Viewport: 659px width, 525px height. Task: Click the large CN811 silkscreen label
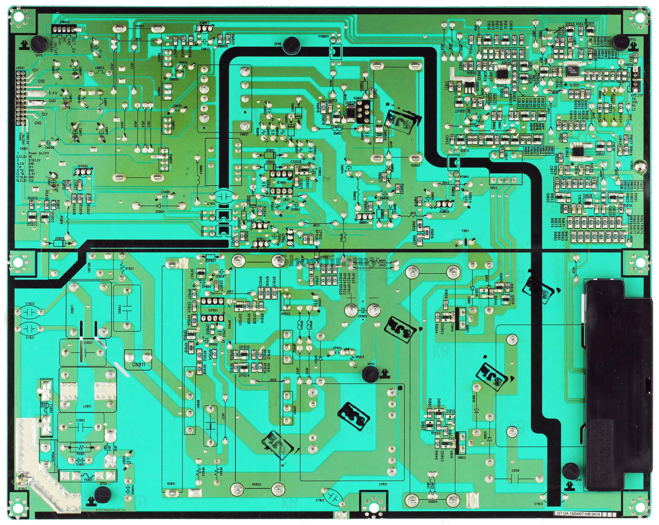(139, 364)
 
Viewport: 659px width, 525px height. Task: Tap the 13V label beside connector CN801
(35, 70)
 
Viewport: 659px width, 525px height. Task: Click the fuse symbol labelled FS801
(87, 476)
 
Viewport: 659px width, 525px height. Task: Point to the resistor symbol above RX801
(80, 448)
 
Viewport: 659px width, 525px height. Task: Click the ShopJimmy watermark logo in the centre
(330, 262)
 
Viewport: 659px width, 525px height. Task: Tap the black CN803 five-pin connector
(66, 29)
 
